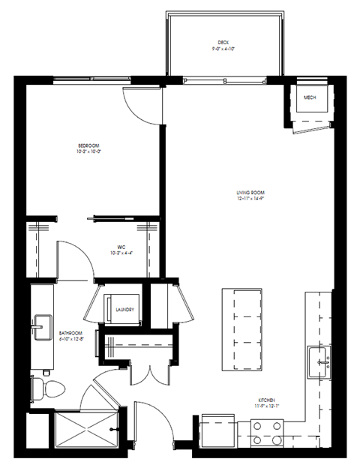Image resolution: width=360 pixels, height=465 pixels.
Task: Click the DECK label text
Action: tap(223, 42)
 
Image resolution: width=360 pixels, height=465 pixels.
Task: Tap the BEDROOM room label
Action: tap(88, 145)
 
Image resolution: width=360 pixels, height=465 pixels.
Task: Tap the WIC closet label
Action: tap(120, 245)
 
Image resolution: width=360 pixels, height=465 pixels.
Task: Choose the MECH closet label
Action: tap(309, 98)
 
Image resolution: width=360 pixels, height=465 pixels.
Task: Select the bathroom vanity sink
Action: tap(41, 328)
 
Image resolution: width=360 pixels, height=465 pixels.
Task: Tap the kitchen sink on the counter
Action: tap(323, 361)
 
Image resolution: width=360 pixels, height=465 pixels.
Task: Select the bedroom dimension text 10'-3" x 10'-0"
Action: tap(88, 151)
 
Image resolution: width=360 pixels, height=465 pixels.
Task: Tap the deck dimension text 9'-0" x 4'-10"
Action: tap(223, 49)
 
